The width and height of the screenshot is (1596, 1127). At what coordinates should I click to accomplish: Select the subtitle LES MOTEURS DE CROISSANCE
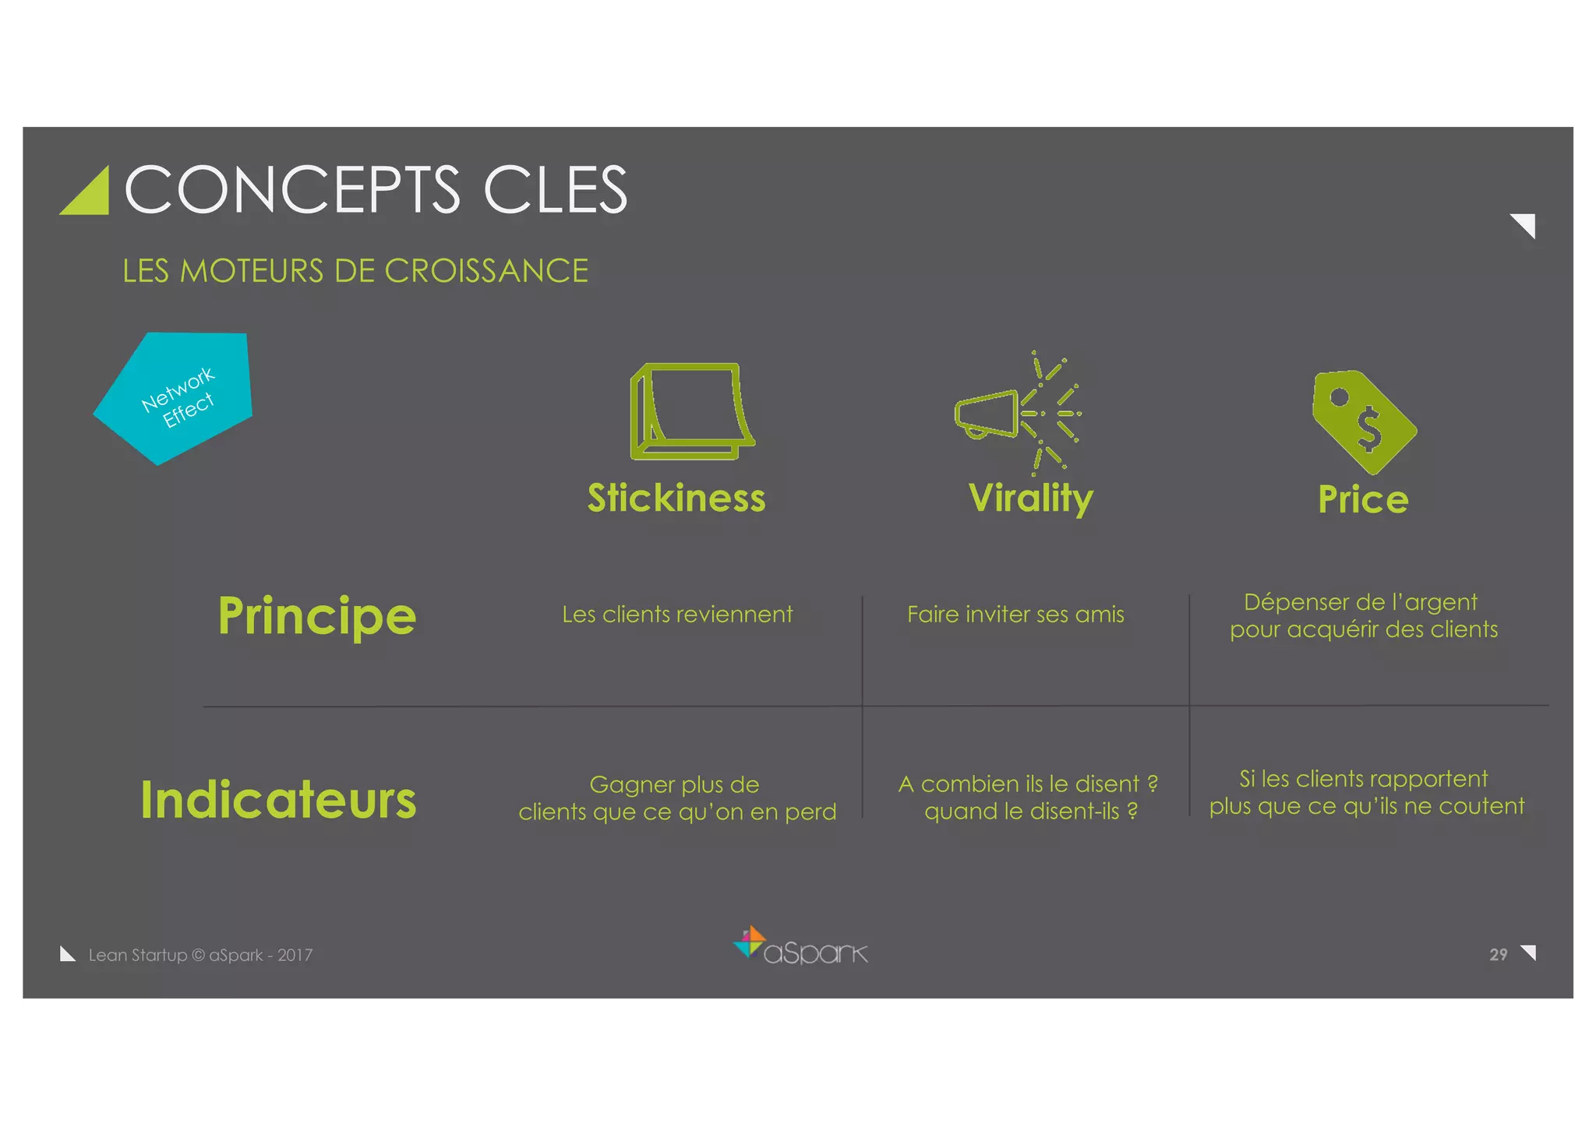[355, 271]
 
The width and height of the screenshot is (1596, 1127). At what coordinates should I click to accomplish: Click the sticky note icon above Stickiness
[691, 410]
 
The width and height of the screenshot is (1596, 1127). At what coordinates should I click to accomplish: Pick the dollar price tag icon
[1364, 421]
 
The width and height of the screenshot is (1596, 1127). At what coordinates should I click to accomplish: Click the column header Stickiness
[676, 498]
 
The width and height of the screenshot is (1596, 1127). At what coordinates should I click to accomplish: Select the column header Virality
[1030, 498]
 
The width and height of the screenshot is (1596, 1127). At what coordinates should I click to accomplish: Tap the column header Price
[1363, 499]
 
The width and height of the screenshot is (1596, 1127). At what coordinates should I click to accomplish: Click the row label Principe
[316, 616]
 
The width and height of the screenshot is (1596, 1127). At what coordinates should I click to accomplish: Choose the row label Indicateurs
[278, 800]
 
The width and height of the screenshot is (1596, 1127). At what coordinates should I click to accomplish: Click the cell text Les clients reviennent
[677, 615]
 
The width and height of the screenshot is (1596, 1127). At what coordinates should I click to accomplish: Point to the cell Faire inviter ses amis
[1015, 615]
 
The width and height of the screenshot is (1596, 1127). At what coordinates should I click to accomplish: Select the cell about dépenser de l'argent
[1363, 615]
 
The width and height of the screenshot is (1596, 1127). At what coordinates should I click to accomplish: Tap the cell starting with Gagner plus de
[676, 798]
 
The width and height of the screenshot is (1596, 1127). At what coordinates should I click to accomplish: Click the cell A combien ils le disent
[1028, 797]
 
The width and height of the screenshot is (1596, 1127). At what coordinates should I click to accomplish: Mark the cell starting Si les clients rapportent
[1366, 792]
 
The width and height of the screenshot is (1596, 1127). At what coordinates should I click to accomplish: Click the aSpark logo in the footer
[801, 946]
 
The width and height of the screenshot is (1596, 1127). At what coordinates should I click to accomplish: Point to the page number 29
[1498, 955]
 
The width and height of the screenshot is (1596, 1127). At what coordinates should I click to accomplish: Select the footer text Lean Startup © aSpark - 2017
[200, 955]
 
